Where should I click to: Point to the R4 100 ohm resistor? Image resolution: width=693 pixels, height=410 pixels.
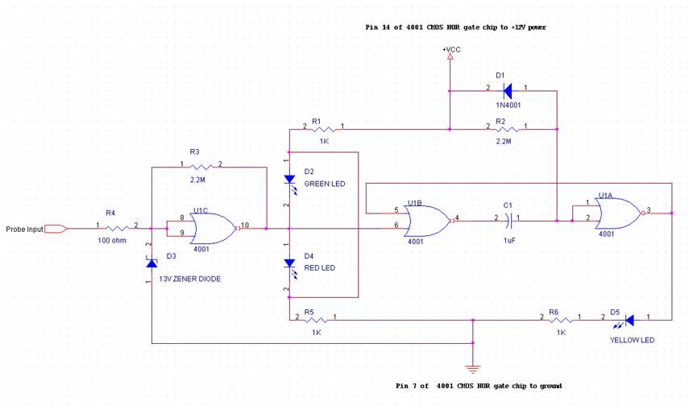tap(118, 229)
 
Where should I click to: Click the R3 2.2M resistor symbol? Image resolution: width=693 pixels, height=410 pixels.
tap(201, 168)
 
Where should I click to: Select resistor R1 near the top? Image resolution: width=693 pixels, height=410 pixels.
tap(323, 128)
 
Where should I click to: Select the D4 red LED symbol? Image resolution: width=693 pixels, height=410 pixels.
tap(289, 263)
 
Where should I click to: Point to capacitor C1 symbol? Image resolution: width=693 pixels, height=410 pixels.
tap(507, 219)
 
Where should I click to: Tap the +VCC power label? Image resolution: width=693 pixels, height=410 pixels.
tap(451, 50)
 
